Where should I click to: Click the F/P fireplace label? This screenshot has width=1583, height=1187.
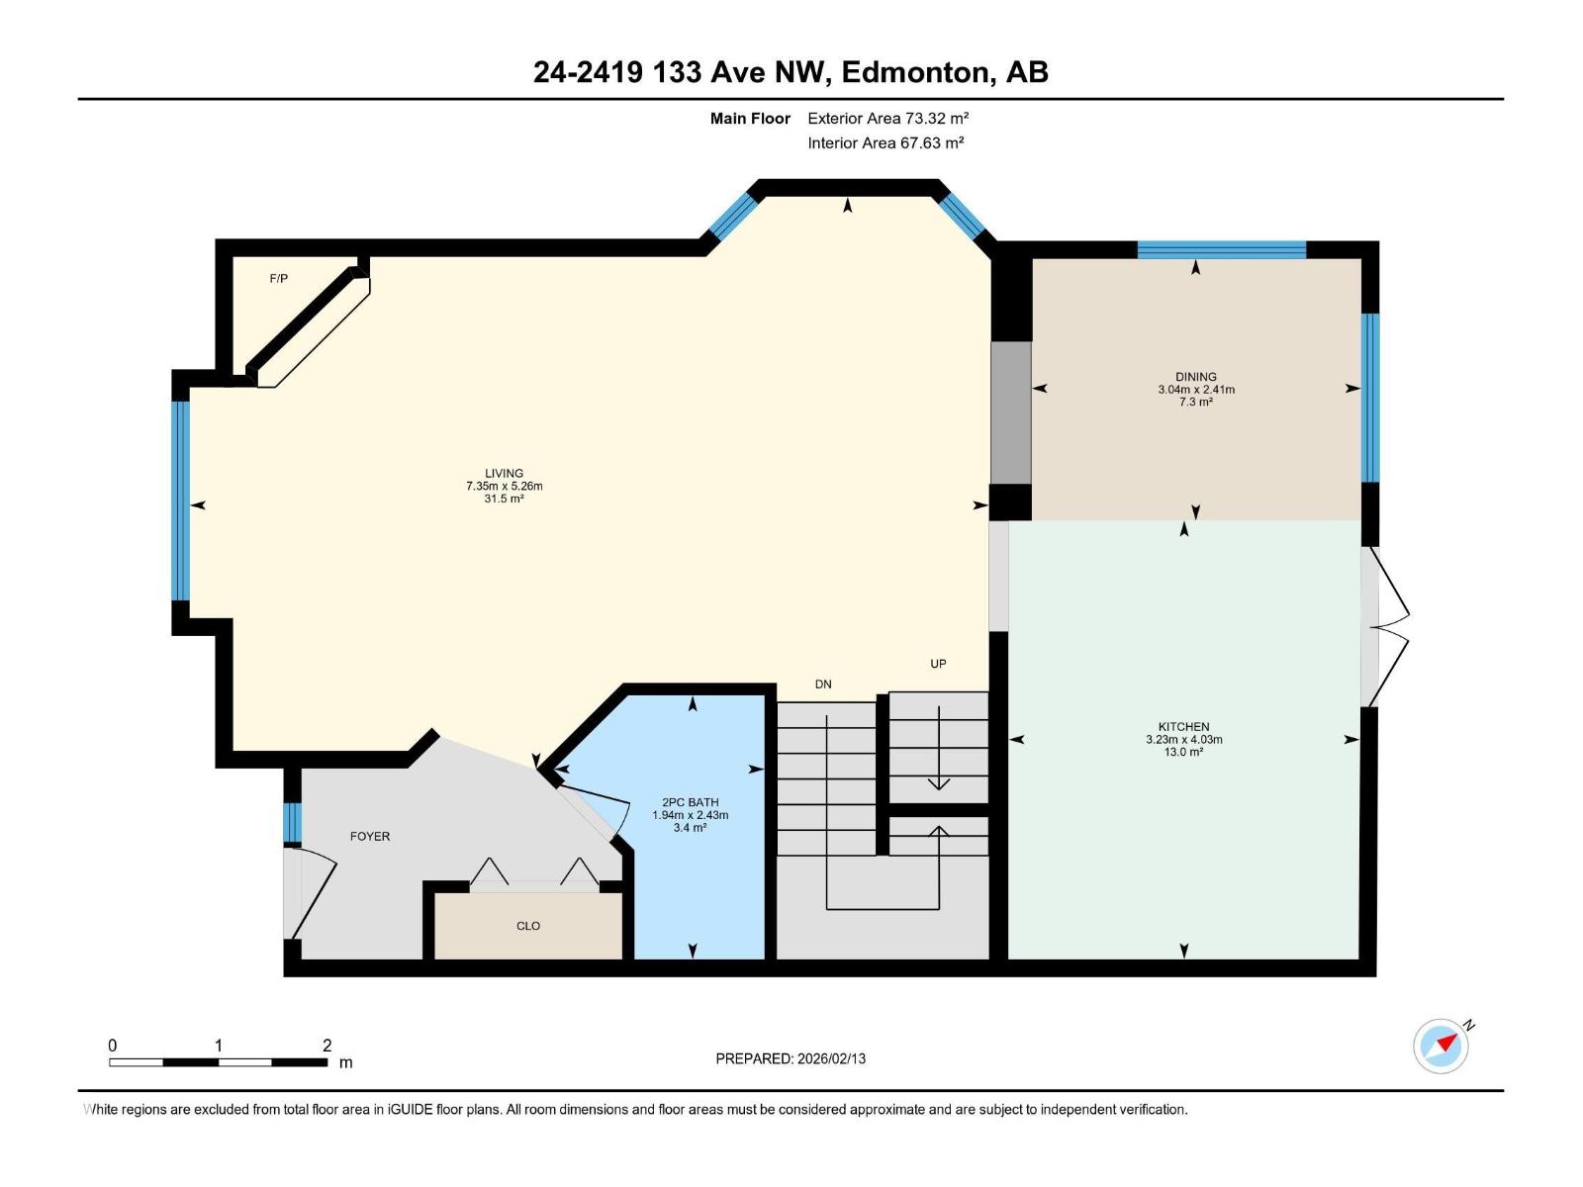[x=279, y=279]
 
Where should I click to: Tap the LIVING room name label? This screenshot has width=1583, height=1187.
[x=504, y=473]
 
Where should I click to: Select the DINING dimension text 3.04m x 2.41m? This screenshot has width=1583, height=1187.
[x=1196, y=390]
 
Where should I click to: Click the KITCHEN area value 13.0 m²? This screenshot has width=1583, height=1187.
[x=1183, y=753]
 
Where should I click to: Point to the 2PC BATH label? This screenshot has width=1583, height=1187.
[x=690, y=802]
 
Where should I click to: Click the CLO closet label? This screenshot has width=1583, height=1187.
[x=528, y=926]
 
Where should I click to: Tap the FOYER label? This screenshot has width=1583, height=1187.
[x=370, y=836]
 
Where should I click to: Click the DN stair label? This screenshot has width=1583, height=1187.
[x=823, y=684]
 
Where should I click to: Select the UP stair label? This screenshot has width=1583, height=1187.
[x=938, y=664]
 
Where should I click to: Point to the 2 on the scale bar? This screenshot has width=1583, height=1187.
[x=326, y=1046]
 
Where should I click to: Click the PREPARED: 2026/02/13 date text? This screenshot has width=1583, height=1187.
[x=791, y=1058]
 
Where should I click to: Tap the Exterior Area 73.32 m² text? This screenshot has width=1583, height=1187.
[x=887, y=118]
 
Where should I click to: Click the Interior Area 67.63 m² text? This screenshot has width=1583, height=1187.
[x=885, y=142]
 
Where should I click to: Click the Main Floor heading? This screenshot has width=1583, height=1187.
[x=750, y=118]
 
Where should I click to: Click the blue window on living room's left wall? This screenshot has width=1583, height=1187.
[x=180, y=502]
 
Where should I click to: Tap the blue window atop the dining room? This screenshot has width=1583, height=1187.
[x=1221, y=249]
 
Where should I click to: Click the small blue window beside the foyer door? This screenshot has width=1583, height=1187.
[x=292, y=823]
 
